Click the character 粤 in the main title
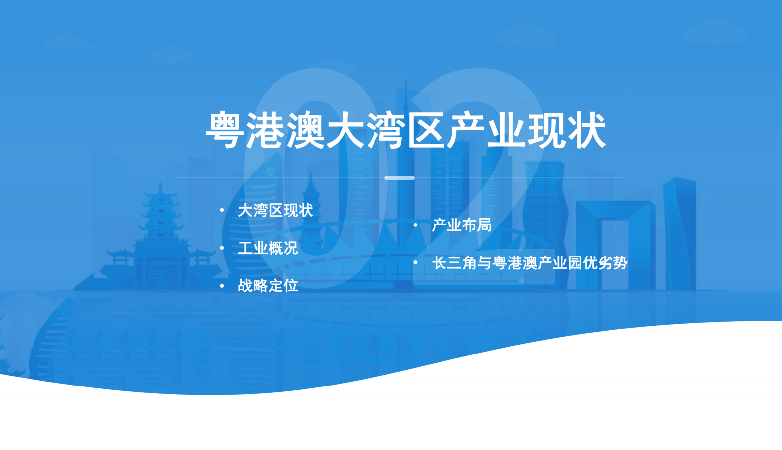225,130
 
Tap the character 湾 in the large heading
386,130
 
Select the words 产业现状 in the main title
526,130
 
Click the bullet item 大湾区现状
275,211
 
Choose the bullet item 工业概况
268,248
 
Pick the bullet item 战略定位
268,286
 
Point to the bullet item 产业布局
462,225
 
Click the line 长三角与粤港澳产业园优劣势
530,263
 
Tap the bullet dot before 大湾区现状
222,210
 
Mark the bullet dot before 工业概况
222,248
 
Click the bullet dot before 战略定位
222,286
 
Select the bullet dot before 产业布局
416,225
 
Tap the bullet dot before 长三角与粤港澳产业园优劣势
416,262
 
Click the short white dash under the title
400,178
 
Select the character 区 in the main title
426,130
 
